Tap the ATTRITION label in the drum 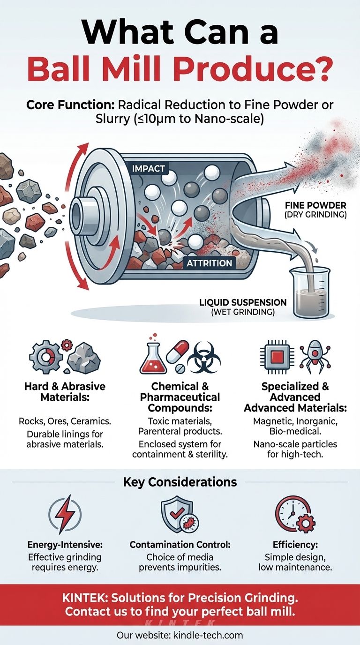209,263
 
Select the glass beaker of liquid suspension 309,291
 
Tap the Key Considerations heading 180,482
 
